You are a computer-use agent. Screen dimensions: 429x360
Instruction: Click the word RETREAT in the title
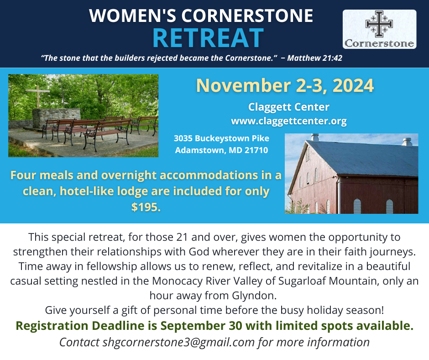pyautogui.click(x=208, y=38)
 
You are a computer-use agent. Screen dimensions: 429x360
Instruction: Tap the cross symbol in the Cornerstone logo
pyautogui.click(x=379, y=24)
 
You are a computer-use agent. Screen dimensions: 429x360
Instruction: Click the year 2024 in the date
pyautogui.click(x=353, y=85)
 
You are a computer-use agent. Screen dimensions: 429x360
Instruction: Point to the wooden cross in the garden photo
pyautogui.click(x=38, y=96)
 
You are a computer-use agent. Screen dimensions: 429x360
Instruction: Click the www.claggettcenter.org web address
pyautogui.click(x=289, y=121)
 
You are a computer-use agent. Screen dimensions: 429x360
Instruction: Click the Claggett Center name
pyautogui.click(x=288, y=107)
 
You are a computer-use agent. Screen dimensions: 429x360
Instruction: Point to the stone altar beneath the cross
pyautogui.click(x=56, y=118)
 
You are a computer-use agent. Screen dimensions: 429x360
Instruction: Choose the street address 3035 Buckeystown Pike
pyautogui.click(x=222, y=138)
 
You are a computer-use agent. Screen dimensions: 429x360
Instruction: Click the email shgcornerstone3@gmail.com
pyautogui.click(x=178, y=342)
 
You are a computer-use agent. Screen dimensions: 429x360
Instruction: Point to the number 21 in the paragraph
pyautogui.click(x=182, y=237)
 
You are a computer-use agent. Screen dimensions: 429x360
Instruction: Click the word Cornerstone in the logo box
pyautogui.click(x=379, y=43)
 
